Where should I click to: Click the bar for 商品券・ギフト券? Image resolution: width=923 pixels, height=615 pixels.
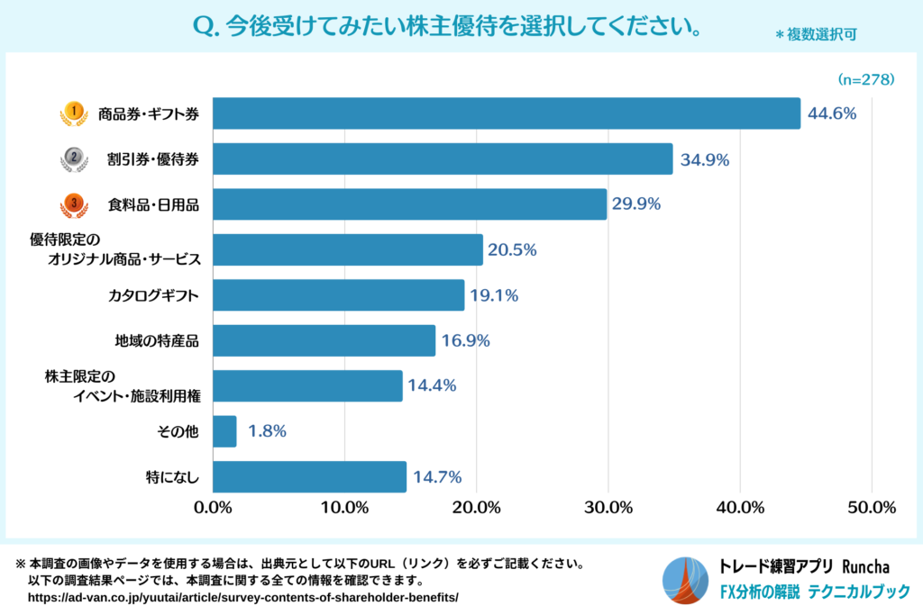coord(507,113)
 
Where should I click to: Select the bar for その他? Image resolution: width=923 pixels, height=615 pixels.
coord(225,431)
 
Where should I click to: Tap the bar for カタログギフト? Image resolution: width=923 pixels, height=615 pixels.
coord(339,295)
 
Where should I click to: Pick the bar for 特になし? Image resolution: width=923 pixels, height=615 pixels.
coord(310,477)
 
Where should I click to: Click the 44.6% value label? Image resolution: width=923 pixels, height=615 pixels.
coord(831,113)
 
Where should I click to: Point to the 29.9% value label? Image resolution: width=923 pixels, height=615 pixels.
coord(636,204)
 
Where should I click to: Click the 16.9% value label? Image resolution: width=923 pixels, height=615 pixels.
coord(466,340)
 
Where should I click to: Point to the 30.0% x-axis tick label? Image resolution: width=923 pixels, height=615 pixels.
coord(608,507)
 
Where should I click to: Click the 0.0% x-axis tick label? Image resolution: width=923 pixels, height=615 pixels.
coord(214,507)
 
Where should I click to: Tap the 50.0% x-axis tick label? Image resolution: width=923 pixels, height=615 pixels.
coord(871,507)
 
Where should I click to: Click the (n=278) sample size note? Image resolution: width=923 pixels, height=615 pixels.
coord(866,79)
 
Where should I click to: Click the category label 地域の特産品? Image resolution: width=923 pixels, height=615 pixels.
coord(156,340)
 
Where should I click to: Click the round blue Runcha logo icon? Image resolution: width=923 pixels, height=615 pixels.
coord(686,581)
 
